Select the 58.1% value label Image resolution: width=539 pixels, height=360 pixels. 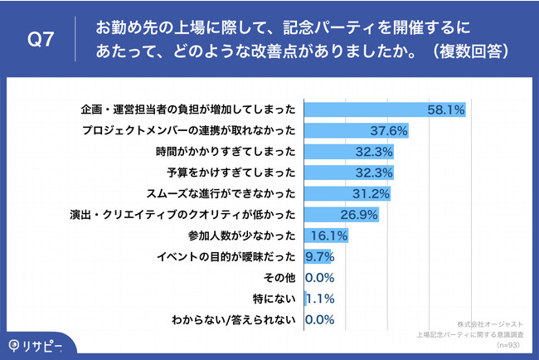coord(445,109)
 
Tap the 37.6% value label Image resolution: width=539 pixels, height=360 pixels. coord(388,131)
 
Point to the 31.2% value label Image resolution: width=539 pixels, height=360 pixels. coord(371,194)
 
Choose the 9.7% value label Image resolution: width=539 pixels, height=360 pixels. coord(320,257)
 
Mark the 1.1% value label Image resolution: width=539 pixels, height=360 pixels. coord(320,299)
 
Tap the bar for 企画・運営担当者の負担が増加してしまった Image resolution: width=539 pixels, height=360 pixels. coord(386,109)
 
